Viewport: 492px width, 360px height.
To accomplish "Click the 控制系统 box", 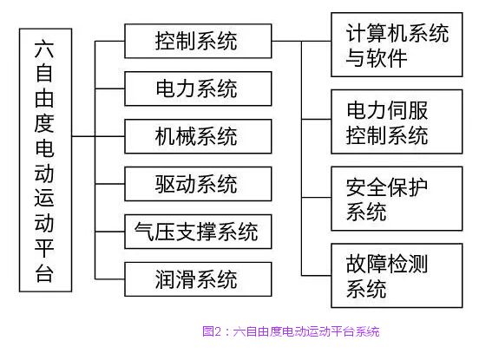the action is coord(198,41).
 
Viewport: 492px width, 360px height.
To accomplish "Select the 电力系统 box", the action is coord(198,88).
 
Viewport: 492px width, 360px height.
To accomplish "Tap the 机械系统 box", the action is coord(198,136).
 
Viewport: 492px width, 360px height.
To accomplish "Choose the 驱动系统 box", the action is coord(198,184).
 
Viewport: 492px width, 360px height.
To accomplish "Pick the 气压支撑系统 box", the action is coord(198,232).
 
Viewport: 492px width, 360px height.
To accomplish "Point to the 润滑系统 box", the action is coord(198,279).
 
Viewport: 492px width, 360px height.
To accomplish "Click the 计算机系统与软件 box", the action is coord(397,44).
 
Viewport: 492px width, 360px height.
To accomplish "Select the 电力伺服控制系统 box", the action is coord(397,121).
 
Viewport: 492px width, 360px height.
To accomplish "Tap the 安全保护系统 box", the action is coord(397,199).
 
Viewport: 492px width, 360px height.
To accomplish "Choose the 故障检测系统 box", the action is coord(397,276).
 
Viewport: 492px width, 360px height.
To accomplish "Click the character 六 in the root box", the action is coord(44,49).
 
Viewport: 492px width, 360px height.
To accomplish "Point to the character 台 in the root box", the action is coord(44,272).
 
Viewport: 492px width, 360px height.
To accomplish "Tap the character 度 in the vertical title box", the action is coord(44,123).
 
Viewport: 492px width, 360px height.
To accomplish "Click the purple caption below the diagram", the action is coord(291,331).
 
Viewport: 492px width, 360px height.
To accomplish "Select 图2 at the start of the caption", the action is coord(212,331).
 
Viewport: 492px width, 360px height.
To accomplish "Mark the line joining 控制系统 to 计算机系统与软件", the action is coord(301,41).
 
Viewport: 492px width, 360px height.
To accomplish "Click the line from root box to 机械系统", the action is coord(98,136).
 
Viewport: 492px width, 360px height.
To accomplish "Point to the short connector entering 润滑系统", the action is coord(110,279).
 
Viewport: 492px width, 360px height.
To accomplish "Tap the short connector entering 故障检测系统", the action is coord(316,276).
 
